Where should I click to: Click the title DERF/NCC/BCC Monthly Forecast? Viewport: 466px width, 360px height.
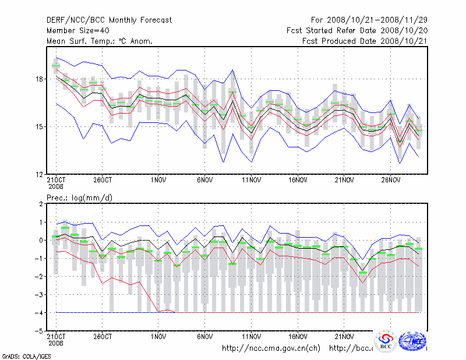point(109,20)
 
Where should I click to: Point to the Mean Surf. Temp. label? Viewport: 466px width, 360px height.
point(99,41)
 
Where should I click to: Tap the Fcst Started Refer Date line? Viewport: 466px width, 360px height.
point(357,30)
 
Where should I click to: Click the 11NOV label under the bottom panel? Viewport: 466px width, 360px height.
point(251,336)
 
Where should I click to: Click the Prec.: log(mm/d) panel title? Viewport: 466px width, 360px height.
point(80,198)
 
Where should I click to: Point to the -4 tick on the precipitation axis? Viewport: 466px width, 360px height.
point(40,313)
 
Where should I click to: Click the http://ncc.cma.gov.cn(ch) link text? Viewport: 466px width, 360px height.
point(271,348)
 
